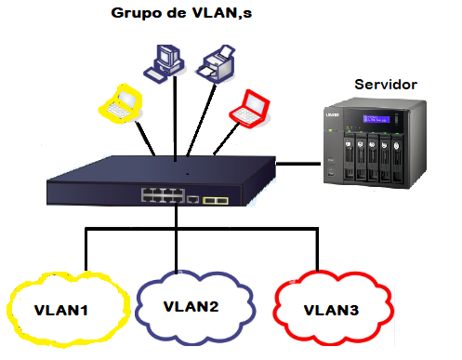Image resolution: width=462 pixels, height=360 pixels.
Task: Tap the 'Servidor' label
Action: (x=386, y=85)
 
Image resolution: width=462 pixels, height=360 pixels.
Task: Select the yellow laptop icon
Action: (x=122, y=101)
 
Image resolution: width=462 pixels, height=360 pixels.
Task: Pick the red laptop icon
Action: (x=249, y=106)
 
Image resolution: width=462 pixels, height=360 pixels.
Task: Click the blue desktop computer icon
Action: (x=160, y=61)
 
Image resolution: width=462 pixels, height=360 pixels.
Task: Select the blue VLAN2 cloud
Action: (x=190, y=304)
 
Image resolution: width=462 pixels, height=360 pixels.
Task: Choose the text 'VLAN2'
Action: (x=191, y=305)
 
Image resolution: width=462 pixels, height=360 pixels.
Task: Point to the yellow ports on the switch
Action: (x=216, y=199)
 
